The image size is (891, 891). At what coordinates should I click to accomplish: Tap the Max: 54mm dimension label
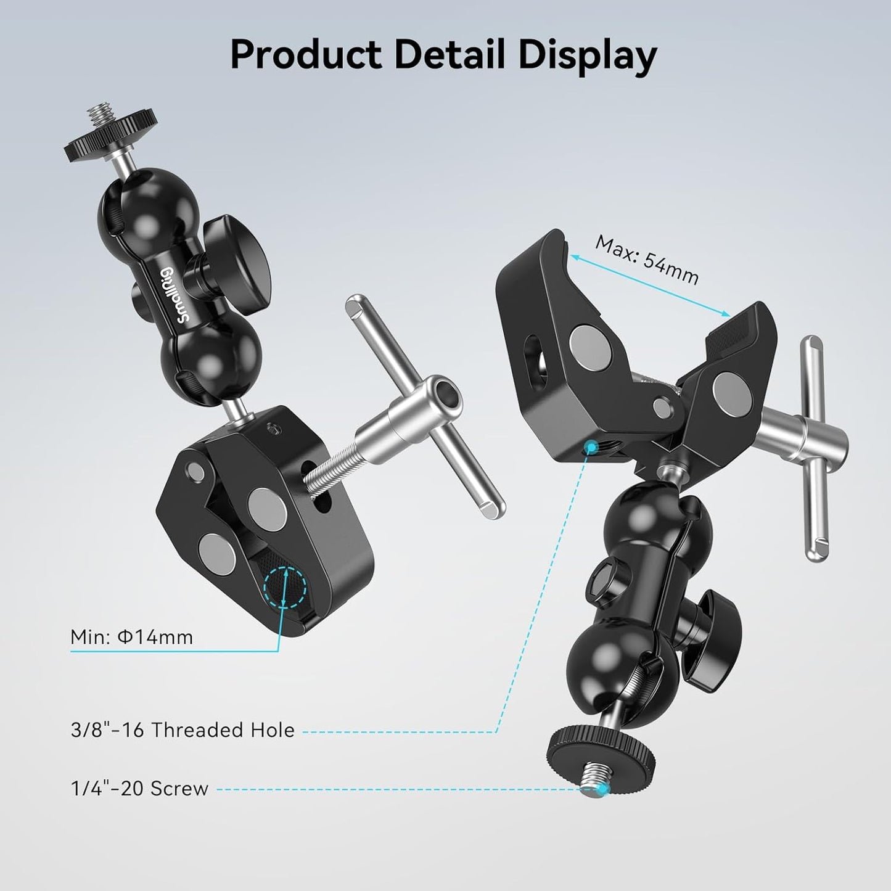pyautogui.click(x=647, y=260)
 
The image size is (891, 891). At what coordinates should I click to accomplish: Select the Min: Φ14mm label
pyautogui.click(x=132, y=636)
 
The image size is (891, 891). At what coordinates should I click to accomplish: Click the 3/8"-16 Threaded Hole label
pyautogui.click(x=183, y=730)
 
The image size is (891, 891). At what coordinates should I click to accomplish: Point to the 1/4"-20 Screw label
pyautogui.click(x=140, y=789)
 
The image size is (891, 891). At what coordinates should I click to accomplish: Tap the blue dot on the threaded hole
pyautogui.click(x=591, y=445)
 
